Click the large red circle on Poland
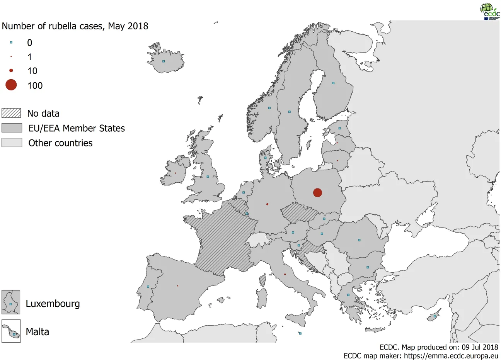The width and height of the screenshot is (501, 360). [x=317, y=192]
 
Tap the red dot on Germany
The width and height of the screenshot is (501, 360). [x=267, y=204]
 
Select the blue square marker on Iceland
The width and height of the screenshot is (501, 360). [x=164, y=61]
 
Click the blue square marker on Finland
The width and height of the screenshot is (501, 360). [x=333, y=83]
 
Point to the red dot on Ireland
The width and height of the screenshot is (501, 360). [x=175, y=173]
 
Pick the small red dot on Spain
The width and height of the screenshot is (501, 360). [x=177, y=286]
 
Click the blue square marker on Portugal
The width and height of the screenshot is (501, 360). [x=148, y=287]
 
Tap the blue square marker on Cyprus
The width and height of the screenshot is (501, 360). [x=435, y=316]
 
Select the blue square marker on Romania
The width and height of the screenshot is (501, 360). [x=359, y=240]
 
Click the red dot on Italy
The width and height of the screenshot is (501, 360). [x=285, y=275]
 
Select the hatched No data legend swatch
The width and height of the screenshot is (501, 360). [x=11, y=113]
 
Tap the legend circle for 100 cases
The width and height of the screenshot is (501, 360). [x=11, y=85]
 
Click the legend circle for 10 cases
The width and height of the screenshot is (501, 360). [x=11, y=71]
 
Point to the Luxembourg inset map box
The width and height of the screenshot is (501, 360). [x=11, y=302]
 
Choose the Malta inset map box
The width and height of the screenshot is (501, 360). [x=11, y=331]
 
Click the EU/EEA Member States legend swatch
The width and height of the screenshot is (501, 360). [x=12, y=128]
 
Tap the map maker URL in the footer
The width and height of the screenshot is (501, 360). [x=451, y=356]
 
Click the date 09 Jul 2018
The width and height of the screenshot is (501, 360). [x=480, y=347]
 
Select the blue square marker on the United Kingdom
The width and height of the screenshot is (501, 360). [x=208, y=177]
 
